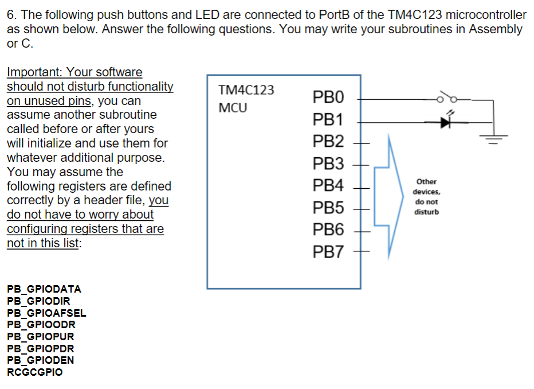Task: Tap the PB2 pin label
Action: [x=328, y=142]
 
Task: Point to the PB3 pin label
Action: [x=328, y=164]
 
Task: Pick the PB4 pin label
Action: [x=328, y=186]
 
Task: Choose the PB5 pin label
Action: [x=328, y=208]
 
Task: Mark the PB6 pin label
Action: [x=328, y=230]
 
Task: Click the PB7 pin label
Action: [x=328, y=252]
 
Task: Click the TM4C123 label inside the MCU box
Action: [x=246, y=90]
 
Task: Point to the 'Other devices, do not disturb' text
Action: [x=426, y=197]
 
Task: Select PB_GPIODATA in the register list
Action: [x=44, y=289]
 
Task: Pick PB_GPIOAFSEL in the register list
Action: [x=46, y=313]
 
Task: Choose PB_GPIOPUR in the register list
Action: [x=41, y=336]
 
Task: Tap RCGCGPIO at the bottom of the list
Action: [x=35, y=372]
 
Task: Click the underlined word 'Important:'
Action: [x=35, y=72]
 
